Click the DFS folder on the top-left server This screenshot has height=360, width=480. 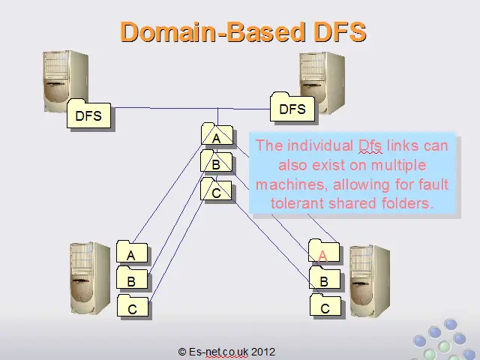[88, 113]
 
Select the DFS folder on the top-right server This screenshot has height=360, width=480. [292, 106]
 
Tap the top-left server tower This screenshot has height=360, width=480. [65, 80]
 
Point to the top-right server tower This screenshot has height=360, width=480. [322, 82]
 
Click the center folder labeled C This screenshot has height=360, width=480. [216, 189]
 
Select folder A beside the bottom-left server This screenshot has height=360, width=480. [132, 251]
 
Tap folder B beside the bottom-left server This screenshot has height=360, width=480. [132, 277]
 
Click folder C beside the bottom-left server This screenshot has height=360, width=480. [133, 305]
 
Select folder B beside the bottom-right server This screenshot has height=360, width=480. [325, 277]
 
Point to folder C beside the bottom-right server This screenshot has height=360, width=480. [325, 304]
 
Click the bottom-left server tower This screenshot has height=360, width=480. [90, 278]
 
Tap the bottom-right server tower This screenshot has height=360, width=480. [370, 280]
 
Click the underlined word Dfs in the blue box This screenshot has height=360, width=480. [370, 145]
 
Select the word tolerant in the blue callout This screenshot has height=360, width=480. [297, 203]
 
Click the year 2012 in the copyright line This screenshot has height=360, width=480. [263, 352]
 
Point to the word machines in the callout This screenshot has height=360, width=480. [292, 184]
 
